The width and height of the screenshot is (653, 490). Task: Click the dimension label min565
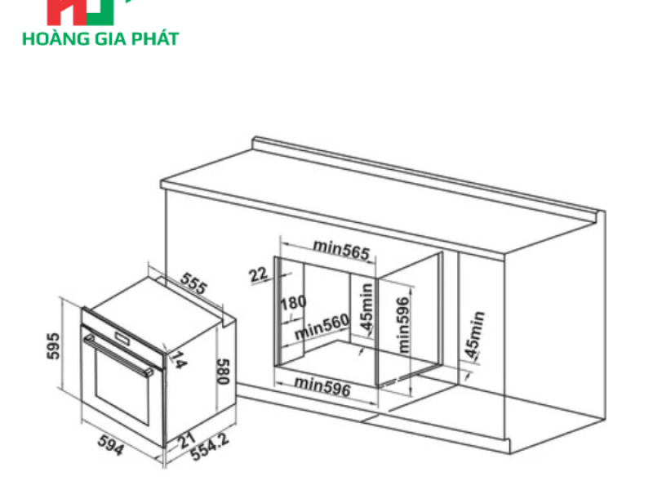(341, 247)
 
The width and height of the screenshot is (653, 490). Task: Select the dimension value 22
(259, 274)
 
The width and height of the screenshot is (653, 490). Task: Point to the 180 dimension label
(293, 303)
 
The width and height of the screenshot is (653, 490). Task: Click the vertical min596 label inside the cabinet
(402, 323)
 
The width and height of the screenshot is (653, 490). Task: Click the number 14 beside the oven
(177, 359)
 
